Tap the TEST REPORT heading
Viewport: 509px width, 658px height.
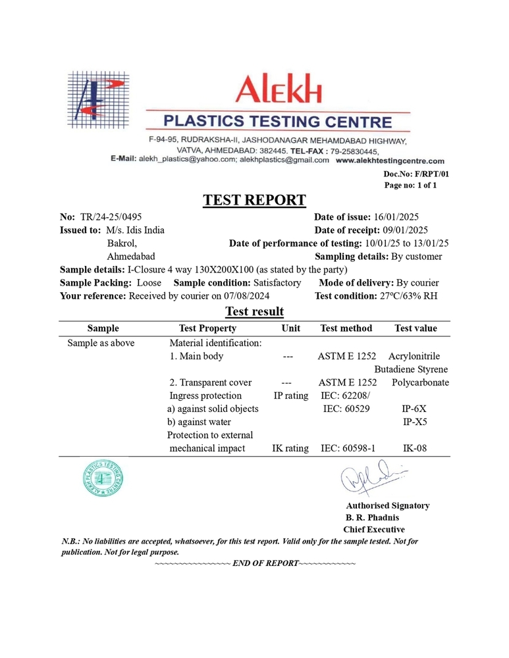[x=254, y=200]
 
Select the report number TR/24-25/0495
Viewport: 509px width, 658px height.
[x=111, y=217]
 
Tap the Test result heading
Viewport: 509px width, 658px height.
[x=254, y=311]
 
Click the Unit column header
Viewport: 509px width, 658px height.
[x=290, y=328]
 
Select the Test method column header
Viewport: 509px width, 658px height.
[x=346, y=328]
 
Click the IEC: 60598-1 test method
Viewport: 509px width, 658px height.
[x=347, y=448]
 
